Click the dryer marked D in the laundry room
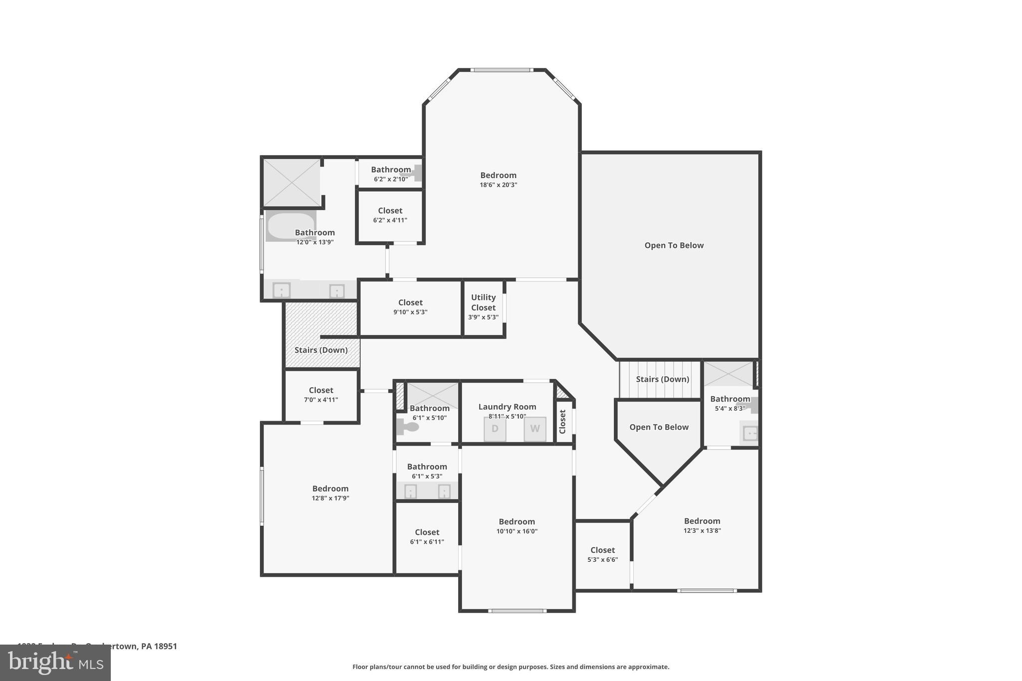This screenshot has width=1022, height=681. click(x=495, y=429)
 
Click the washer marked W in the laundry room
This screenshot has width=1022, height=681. click(x=534, y=429)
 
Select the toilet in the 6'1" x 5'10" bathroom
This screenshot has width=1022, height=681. click(x=407, y=427)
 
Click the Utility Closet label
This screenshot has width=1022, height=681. click(x=483, y=302)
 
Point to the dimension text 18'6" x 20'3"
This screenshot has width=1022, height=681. click(x=498, y=185)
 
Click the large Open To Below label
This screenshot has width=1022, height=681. click(x=674, y=245)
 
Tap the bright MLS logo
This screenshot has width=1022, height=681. click(x=55, y=663)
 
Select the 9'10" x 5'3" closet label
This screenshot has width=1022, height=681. click(x=410, y=303)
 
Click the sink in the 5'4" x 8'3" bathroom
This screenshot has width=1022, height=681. click(x=750, y=433)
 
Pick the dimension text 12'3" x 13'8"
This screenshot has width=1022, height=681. click(x=702, y=531)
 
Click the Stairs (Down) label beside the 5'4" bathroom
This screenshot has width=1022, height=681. click(x=662, y=379)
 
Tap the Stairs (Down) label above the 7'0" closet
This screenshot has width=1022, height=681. click(x=321, y=350)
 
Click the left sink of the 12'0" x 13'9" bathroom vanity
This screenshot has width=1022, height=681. click(x=281, y=290)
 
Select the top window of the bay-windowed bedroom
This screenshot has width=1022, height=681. click(x=502, y=70)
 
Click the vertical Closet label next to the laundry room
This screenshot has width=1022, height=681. click(x=562, y=422)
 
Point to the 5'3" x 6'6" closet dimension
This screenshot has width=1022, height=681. click(x=602, y=560)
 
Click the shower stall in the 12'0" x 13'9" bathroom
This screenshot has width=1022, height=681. click(x=291, y=182)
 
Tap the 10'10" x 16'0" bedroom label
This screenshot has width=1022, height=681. click(x=516, y=522)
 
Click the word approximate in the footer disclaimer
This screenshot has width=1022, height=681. click(x=648, y=667)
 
